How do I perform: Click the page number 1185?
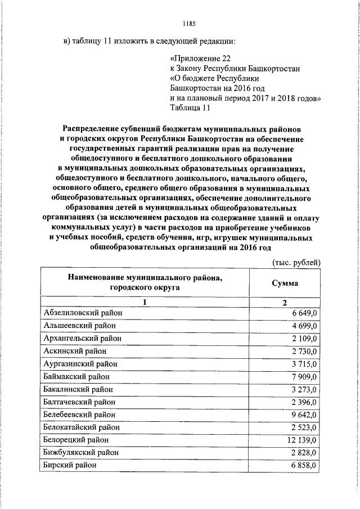pos(188,24)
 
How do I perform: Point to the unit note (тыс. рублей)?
pos(296,262)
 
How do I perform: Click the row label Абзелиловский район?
pos(83,313)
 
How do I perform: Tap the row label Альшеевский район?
pos(80,326)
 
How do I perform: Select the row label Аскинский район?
pos(75,351)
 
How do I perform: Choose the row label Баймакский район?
pos(76,377)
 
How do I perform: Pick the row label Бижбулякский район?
pos(81,453)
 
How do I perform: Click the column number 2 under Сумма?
pos(285,303)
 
